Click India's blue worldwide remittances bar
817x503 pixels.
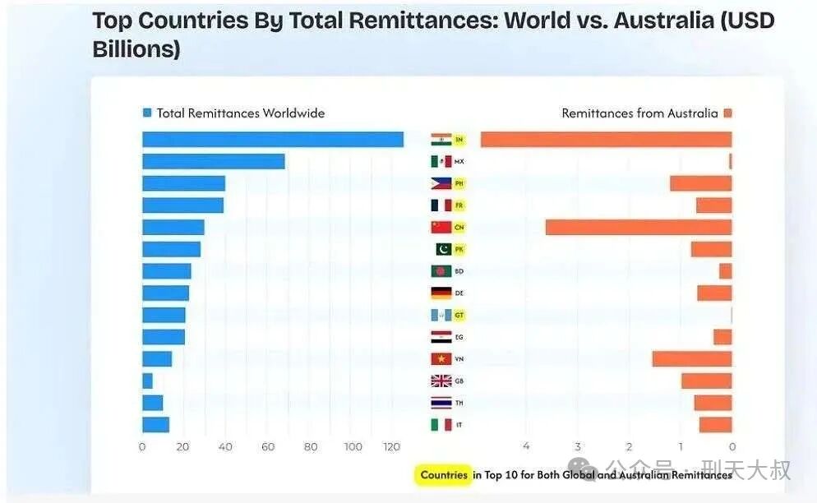pyautogui.click(x=272, y=140)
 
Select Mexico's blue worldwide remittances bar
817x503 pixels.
pyautogui.click(x=213, y=161)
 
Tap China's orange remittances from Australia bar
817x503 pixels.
pyautogui.click(x=638, y=227)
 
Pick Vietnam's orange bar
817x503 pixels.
pyautogui.click(x=691, y=358)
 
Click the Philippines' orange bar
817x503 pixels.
pyautogui.click(x=700, y=183)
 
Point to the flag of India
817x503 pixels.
pyautogui.click(x=441, y=140)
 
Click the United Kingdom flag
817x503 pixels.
pyautogui.click(x=441, y=381)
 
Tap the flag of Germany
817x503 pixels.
pyautogui.click(x=441, y=293)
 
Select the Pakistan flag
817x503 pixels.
pyautogui.click(x=444, y=249)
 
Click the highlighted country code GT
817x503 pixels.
pyautogui.click(x=459, y=315)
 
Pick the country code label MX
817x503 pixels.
pyautogui.click(x=459, y=162)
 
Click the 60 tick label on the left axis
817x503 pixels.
pyautogui.click(x=268, y=447)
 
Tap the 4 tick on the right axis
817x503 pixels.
pyautogui.click(x=526, y=447)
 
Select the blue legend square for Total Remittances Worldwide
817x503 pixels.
pyautogui.click(x=147, y=113)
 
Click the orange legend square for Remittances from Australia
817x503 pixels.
pyautogui.click(x=727, y=113)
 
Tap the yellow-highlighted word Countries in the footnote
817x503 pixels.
pyautogui.click(x=443, y=474)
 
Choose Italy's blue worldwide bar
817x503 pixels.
pyautogui.click(x=155, y=424)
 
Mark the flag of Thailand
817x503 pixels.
pyautogui.click(x=441, y=403)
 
